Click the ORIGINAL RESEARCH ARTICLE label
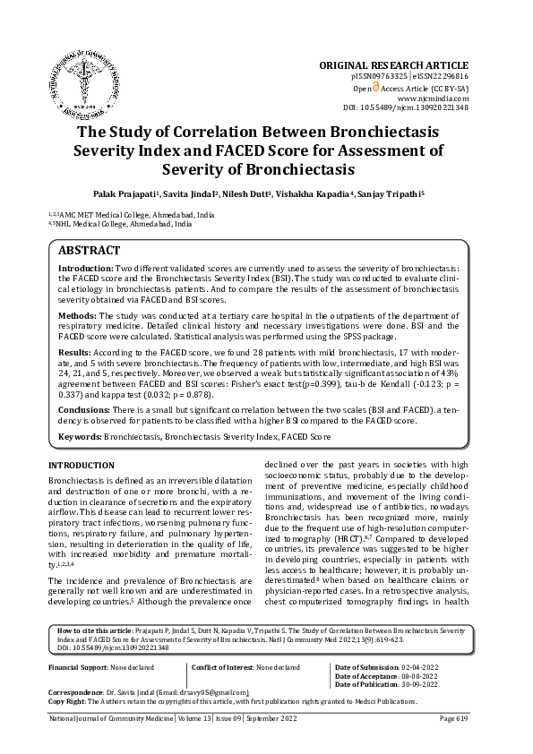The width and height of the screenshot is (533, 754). pyautogui.click(x=393, y=65)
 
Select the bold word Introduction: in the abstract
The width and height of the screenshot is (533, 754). pyautogui.click(x=86, y=269)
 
